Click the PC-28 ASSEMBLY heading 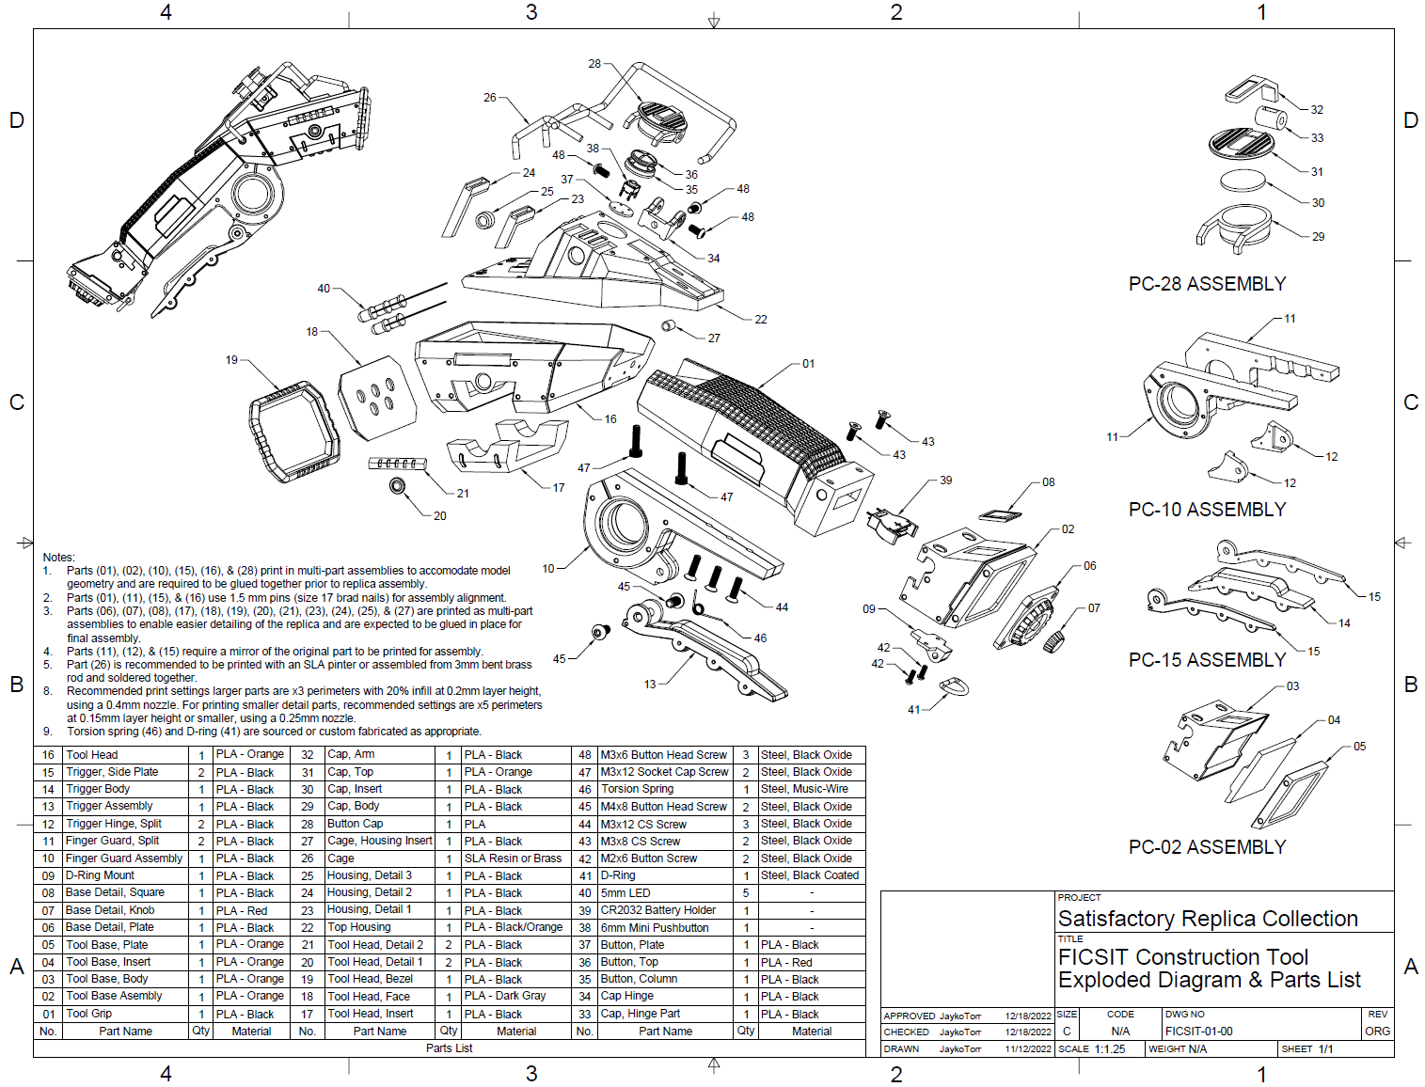pyautogui.click(x=1207, y=284)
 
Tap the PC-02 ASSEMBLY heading pyautogui.click(x=1207, y=847)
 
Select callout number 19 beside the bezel pyautogui.click(x=231, y=360)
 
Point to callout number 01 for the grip pyautogui.click(x=808, y=364)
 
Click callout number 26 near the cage pyautogui.click(x=489, y=98)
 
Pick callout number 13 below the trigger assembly pyautogui.click(x=650, y=685)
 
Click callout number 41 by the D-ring pyautogui.click(x=913, y=710)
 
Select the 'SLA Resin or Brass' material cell pyautogui.click(x=513, y=859)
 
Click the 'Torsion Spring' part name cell pyautogui.click(x=638, y=789)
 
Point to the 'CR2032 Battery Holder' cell pyautogui.click(x=658, y=910)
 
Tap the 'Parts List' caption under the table pyautogui.click(x=449, y=1048)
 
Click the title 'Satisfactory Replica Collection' pyautogui.click(x=1208, y=919)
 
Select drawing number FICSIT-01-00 pyautogui.click(x=1198, y=1032)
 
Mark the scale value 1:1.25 pyautogui.click(x=1110, y=1049)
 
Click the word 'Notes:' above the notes pyautogui.click(x=58, y=558)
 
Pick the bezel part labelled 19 pyautogui.click(x=293, y=431)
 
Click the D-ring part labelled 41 pyautogui.click(x=953, y=686)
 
